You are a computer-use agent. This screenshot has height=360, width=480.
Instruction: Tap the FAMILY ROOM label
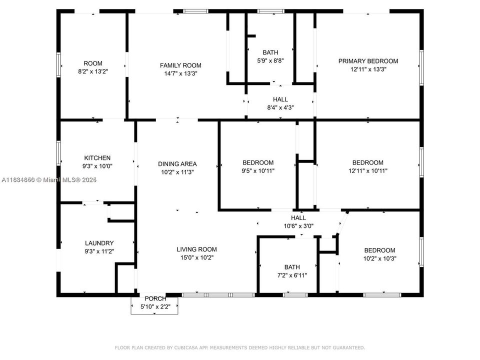tap(180, 65)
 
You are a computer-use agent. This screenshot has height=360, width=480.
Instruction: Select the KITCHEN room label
tap(97, 158)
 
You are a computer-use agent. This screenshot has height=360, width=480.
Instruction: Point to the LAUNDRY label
tap(99, 243)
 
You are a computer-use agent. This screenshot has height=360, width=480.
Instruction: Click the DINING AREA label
tap(177, 163)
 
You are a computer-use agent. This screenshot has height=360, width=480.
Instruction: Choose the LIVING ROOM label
tap(196, 249)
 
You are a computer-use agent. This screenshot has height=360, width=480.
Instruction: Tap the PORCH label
tap(155, 298)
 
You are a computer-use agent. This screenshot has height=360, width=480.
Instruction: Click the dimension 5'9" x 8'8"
tap(270, 60)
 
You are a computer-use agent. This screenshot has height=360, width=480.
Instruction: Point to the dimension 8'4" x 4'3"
tap(280, 107)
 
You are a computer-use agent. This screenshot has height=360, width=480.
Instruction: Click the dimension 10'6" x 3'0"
tap(298, 226)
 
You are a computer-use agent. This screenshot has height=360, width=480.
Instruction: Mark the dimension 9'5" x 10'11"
tap(258, 171)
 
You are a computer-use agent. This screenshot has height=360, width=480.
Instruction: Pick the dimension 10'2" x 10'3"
tap(379, 258)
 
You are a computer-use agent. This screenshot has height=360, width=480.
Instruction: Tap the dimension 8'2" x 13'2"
tap(92, 71)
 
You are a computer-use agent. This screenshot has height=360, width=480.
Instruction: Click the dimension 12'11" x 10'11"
tap(368, 171)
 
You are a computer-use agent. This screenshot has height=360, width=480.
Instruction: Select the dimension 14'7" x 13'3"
tap(180, 73)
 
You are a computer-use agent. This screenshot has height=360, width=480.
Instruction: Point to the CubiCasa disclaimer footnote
tap(240, 347)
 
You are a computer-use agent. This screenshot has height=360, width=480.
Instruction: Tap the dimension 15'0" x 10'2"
tap(196, 257)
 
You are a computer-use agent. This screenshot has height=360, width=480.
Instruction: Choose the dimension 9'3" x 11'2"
tap(99, 251)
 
